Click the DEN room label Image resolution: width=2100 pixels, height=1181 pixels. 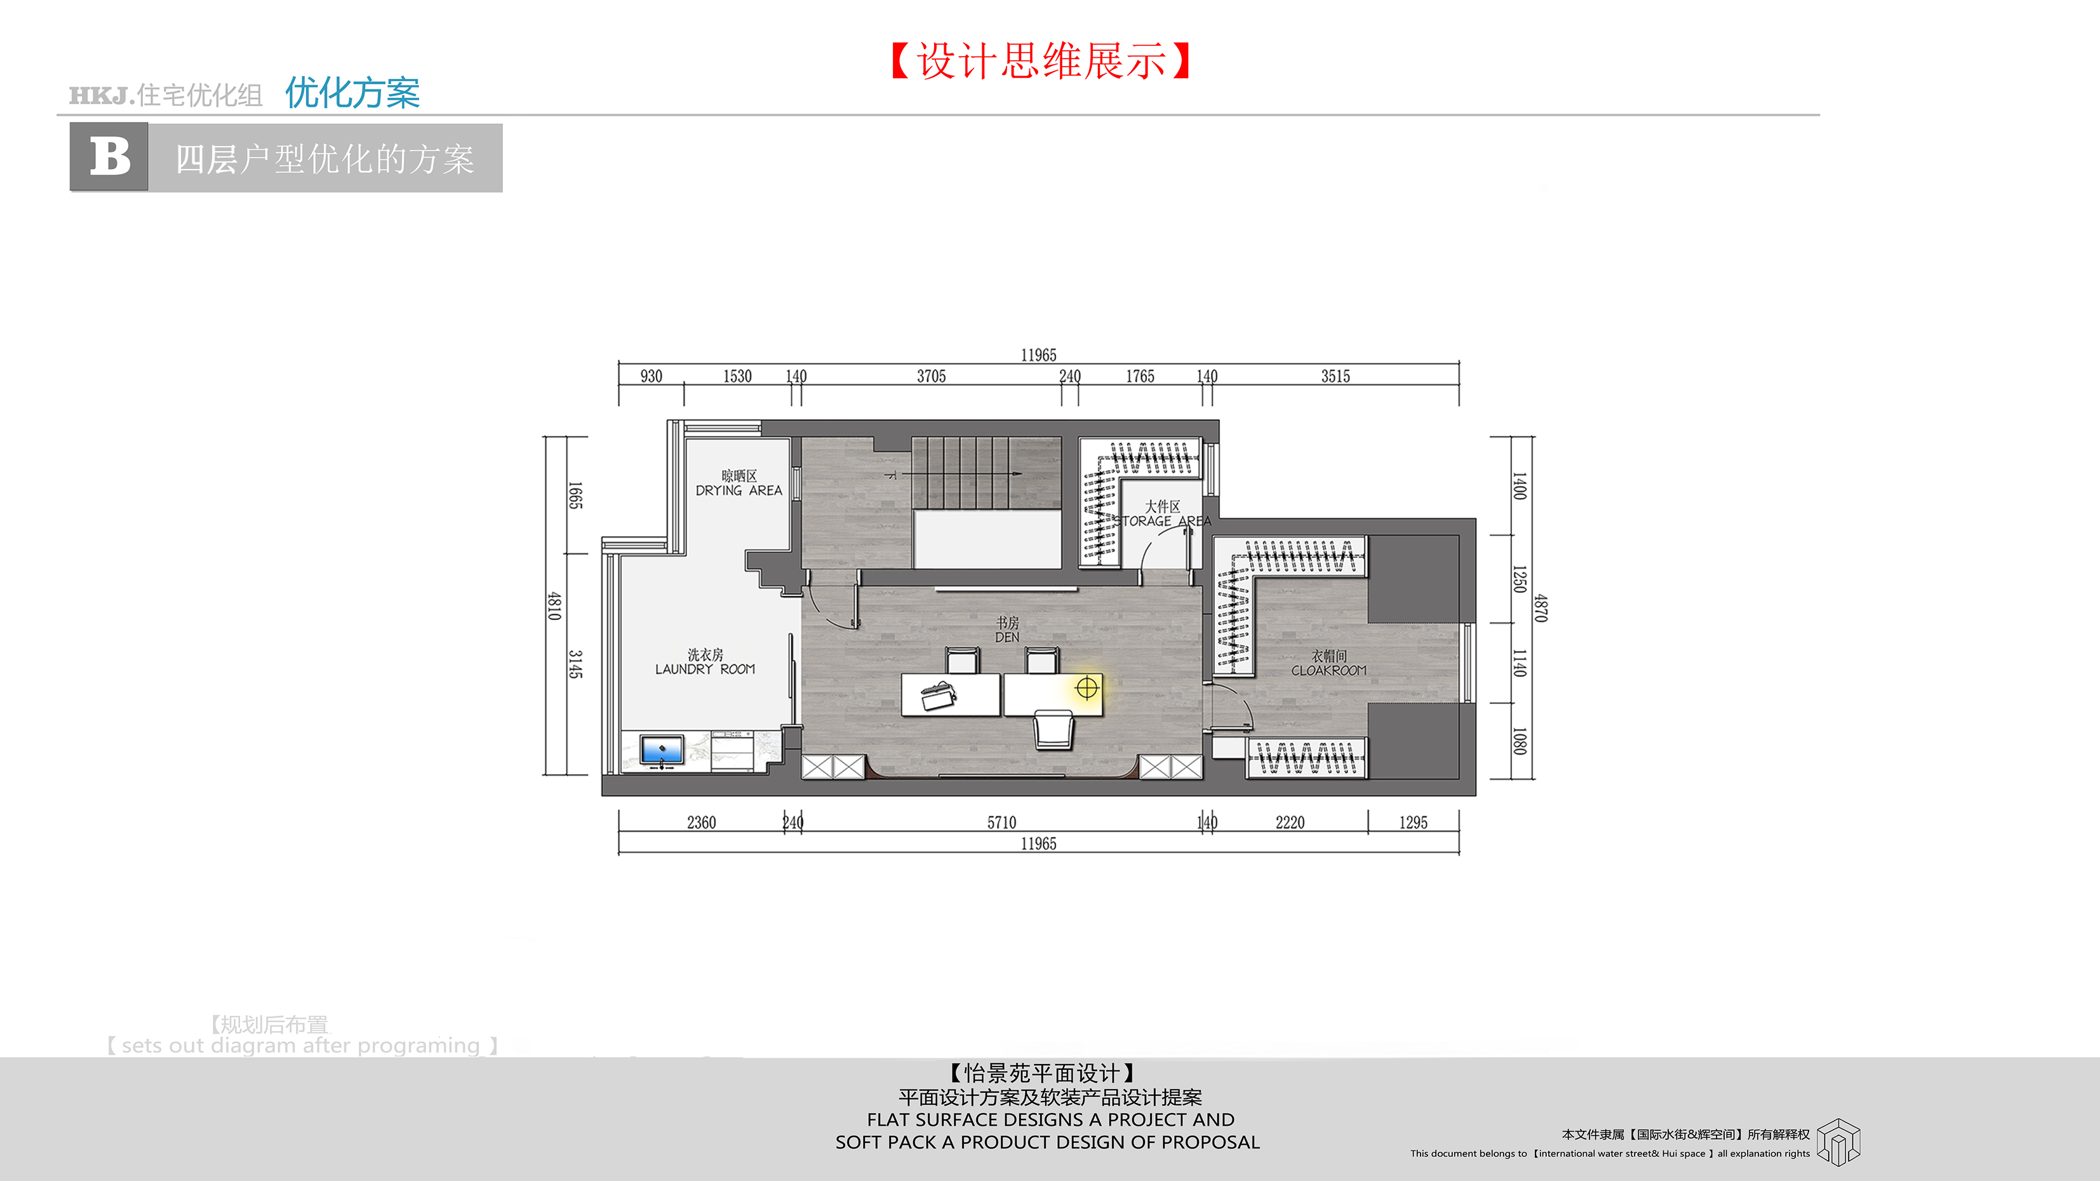coord(1007,637)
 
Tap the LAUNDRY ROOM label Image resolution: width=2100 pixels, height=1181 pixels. coord(705,669)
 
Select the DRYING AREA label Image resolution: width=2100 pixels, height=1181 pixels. coord(739,490)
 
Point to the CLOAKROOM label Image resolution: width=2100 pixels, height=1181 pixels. coord(1329,670)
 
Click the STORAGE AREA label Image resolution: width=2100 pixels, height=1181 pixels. coord(1163,521)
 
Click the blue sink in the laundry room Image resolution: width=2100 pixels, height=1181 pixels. coord(661,749)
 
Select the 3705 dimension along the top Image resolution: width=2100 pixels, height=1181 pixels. coord(931,376)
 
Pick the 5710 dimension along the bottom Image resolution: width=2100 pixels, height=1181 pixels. coord(1002,822)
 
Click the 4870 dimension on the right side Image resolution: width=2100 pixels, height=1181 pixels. coord(1541,607)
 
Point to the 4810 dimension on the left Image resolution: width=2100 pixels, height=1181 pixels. coord(554,606)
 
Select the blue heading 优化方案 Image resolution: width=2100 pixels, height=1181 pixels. coord(352,93)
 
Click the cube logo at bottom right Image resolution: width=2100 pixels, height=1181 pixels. coord(1838,1141)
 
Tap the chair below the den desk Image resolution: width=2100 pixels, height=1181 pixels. coord(1054,728)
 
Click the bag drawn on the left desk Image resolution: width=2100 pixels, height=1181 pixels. coord(937,695)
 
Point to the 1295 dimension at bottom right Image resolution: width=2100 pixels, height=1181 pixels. coord(1414,822)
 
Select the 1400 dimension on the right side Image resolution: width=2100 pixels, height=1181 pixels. coord(1520,485)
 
